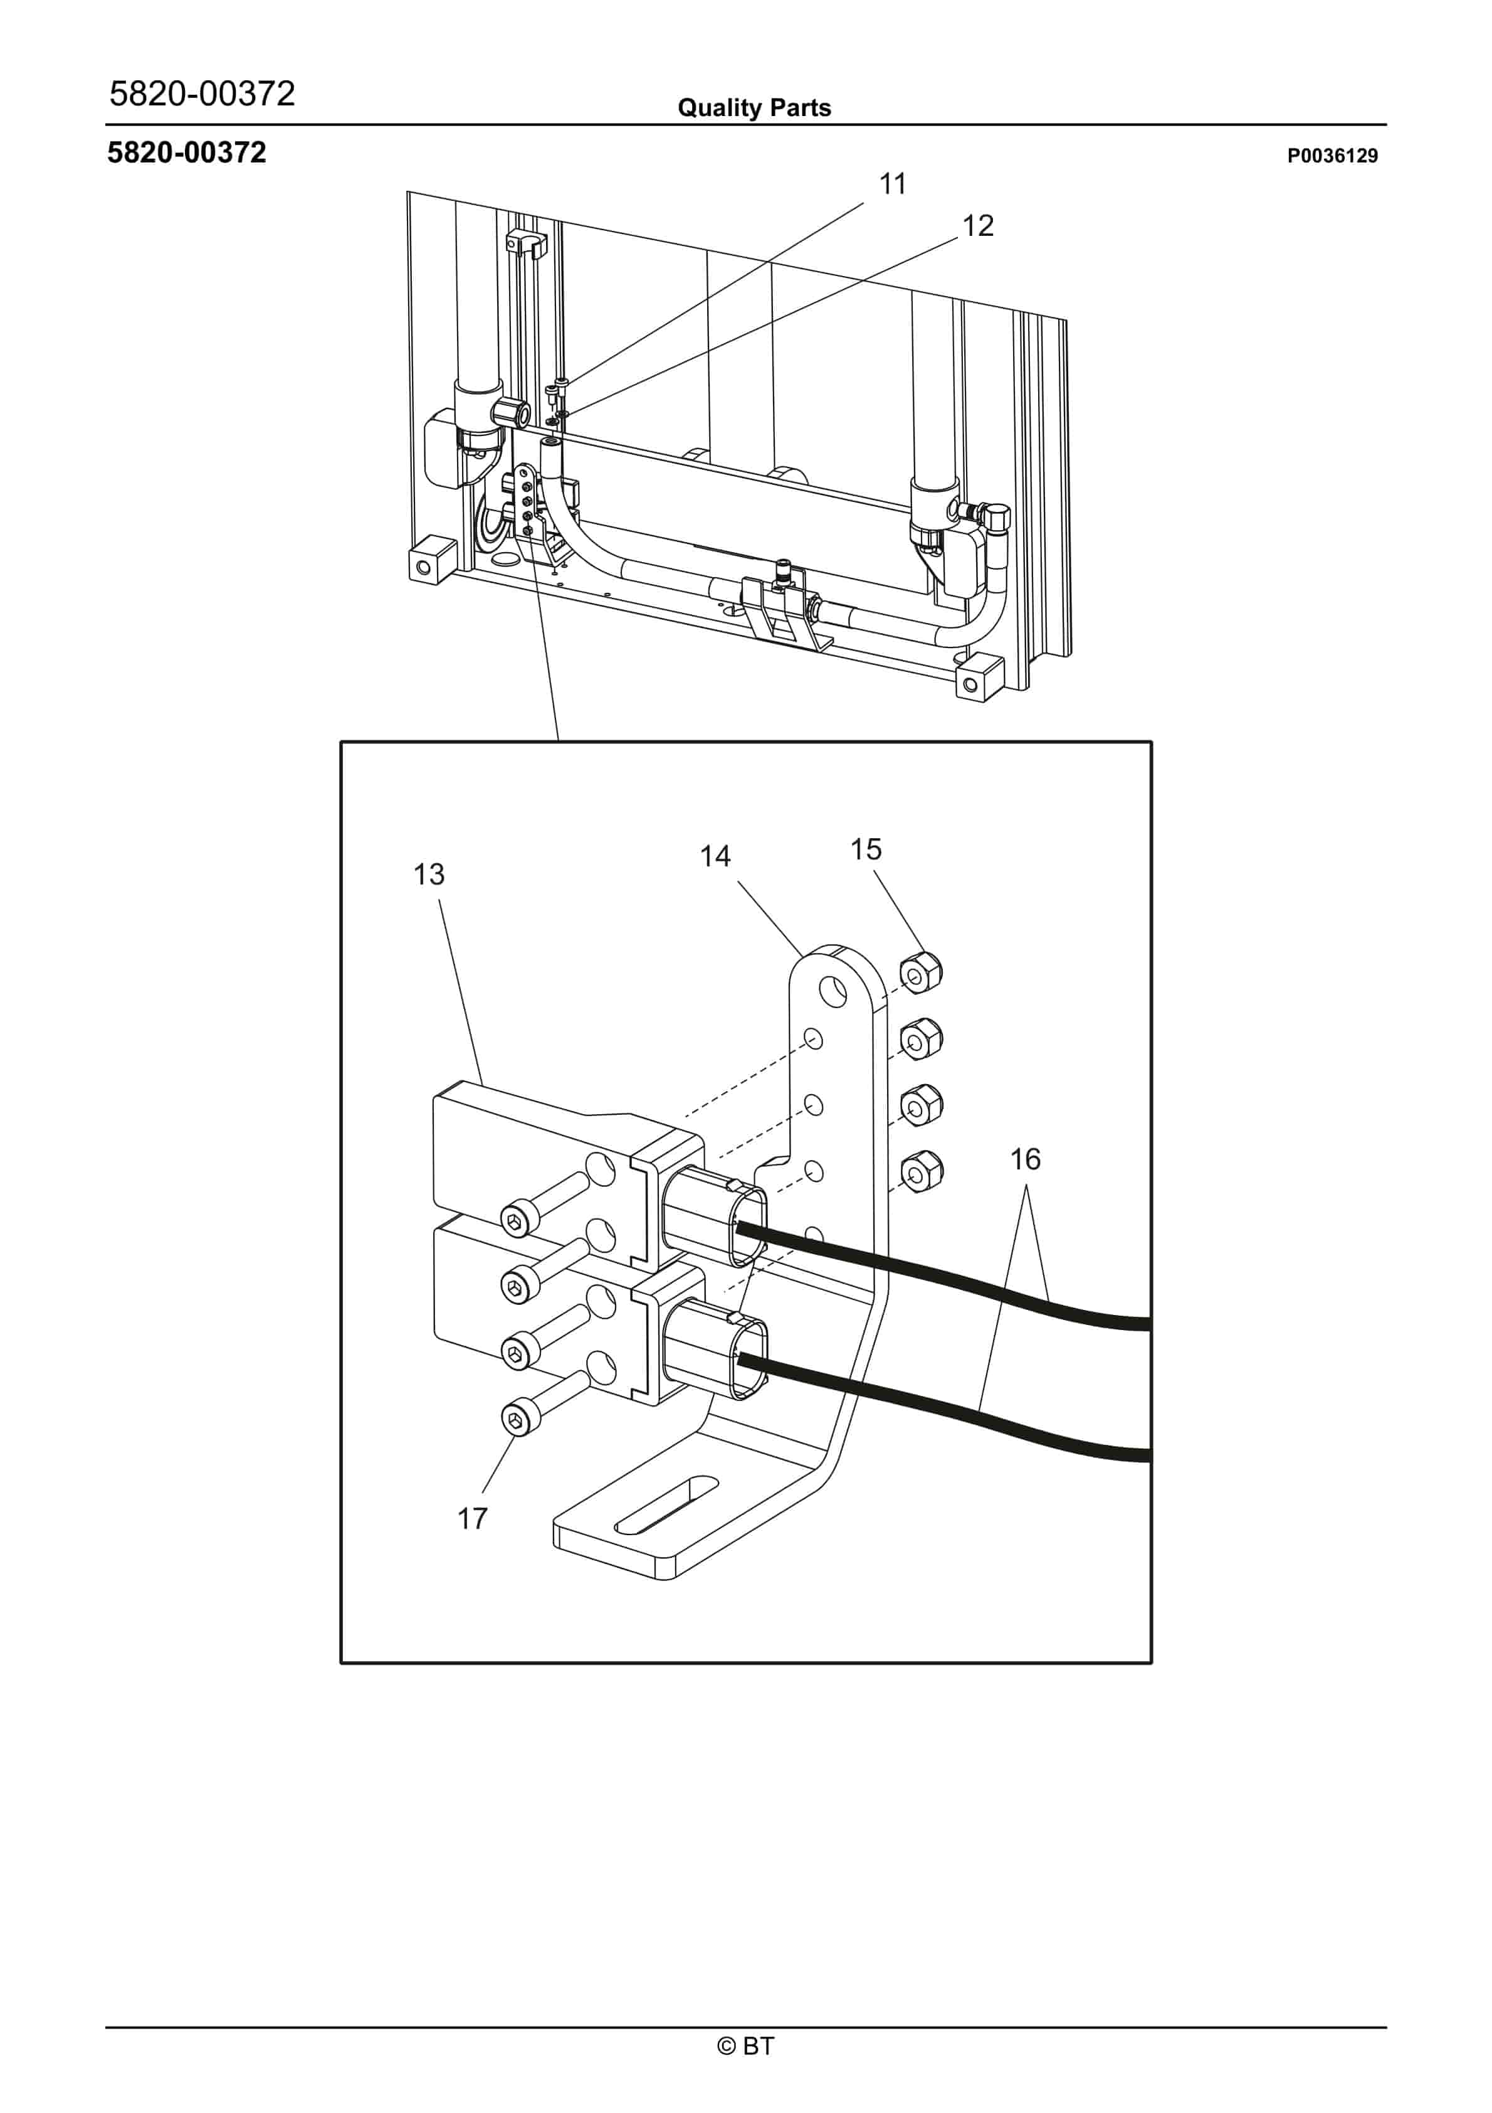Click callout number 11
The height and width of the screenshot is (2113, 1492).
pyautogui.click(x=892, y=184)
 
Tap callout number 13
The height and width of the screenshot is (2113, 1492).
pyautogui.click(x=429, y=875)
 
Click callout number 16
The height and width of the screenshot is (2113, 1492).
pyautogui.click(x=1026, y=1159)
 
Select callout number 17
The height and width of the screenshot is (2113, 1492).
pyautogui.click(x=473, y=1518)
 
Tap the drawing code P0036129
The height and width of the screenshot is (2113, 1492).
pyautogui.click(x=1332, y=156)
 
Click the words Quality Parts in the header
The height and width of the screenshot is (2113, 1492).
pyautogui.click(x=754, y=109)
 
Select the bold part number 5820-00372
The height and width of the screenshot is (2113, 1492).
pyautogui.click(x=187, y=153)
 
